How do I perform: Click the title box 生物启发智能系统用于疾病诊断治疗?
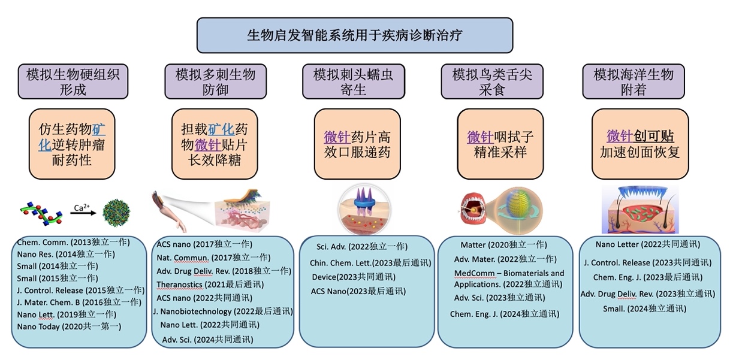coord(355,35)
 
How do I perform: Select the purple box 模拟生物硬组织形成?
coord(73,81)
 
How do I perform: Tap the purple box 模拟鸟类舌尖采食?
coord(492,81)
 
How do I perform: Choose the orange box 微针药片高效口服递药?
coord(357,144)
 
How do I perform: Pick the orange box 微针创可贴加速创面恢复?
coord(640,144)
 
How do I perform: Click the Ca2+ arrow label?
coord(82,207)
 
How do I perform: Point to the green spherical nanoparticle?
coord(116,213)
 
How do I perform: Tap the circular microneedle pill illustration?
coord(364,210)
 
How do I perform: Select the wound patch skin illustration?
coord(640,210)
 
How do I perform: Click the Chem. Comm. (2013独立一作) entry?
coord(73,242)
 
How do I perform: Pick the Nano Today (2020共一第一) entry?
coord(69,326)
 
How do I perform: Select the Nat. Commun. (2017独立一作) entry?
coord(213,258)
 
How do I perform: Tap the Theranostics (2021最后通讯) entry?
coord(210,285)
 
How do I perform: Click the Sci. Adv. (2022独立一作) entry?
coord(362,247)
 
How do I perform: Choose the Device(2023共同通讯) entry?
coord(354,277)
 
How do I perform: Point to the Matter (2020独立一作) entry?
coord(504,244)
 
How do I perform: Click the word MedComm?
coord(474,273)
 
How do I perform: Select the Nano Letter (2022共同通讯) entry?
coord(648,244)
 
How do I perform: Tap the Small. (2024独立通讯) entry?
coord(645,308)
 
